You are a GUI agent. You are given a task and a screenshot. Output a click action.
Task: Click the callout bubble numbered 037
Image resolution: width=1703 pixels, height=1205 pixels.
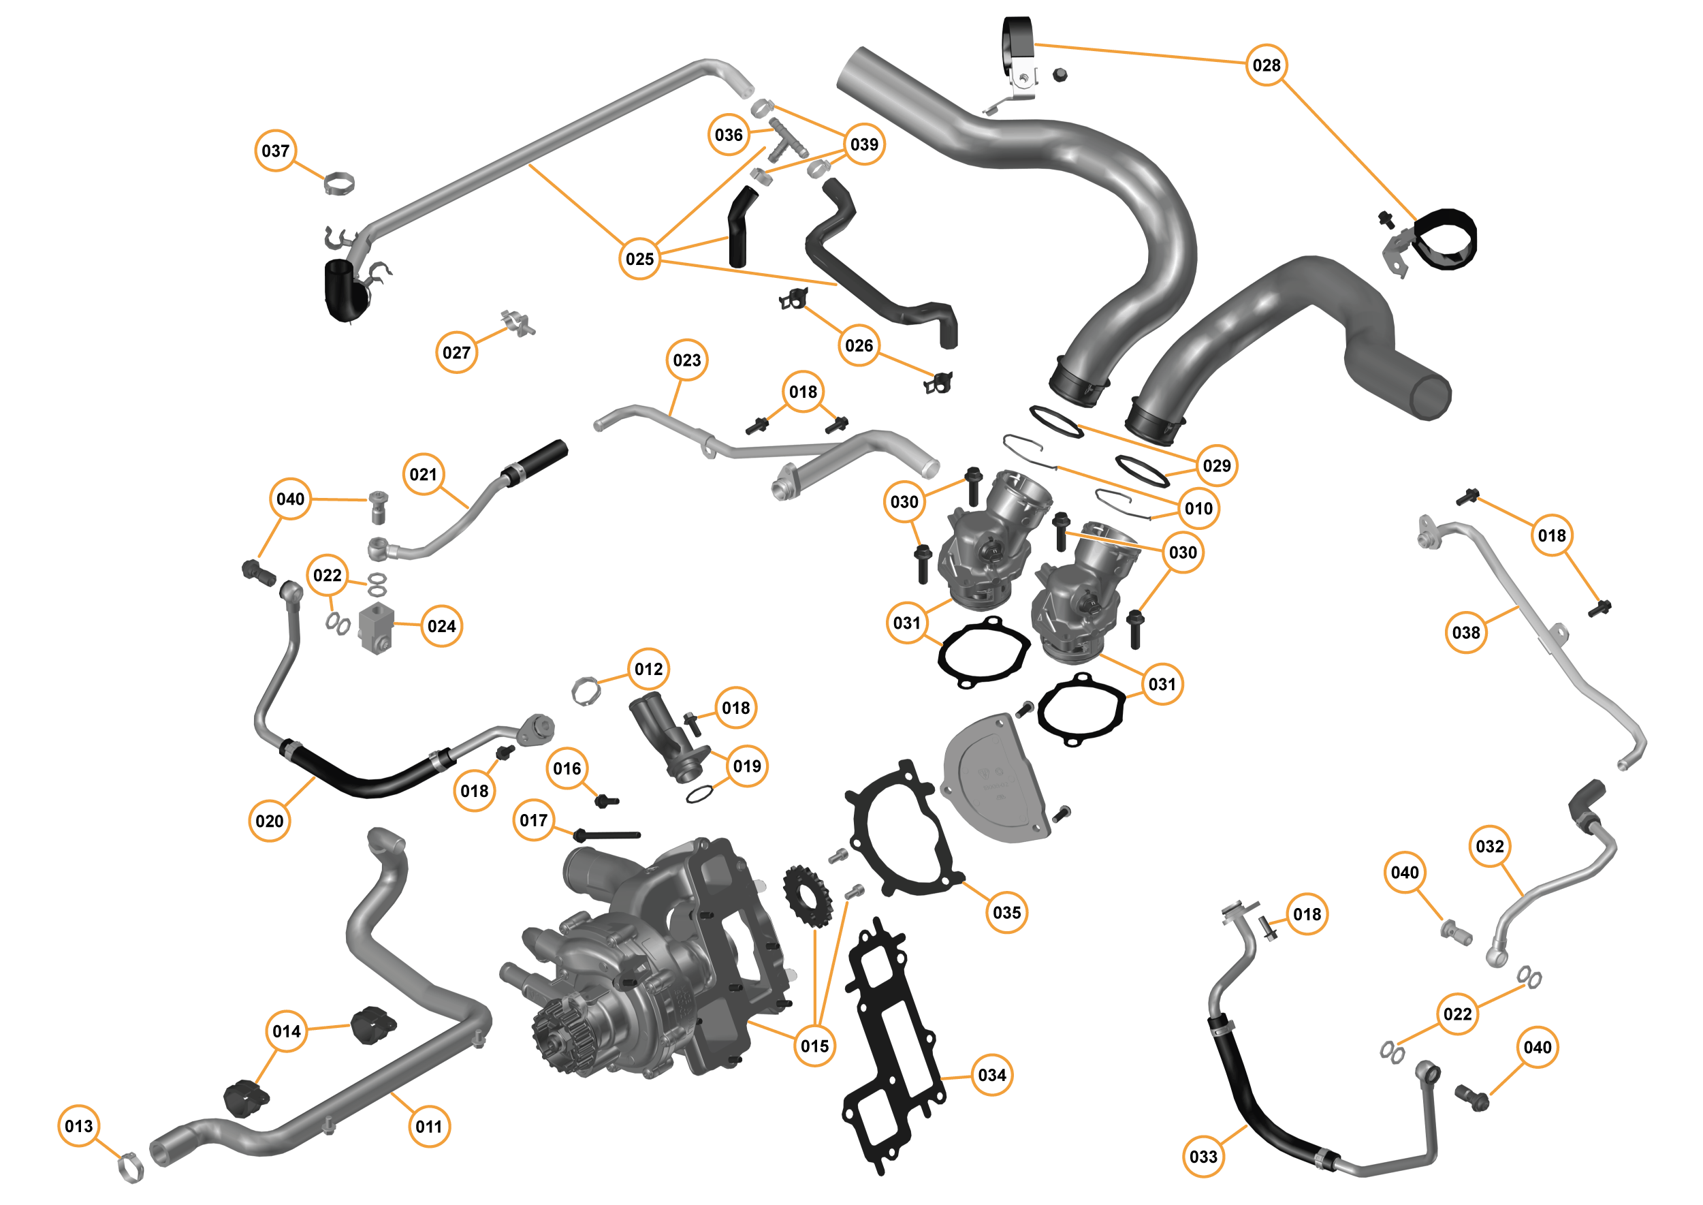click(275, 151)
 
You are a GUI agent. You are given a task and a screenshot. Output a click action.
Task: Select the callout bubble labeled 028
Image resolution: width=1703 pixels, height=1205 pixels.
click(1266, 65)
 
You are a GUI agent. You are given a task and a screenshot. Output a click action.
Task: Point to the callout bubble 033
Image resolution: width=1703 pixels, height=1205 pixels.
click(1203, 1156)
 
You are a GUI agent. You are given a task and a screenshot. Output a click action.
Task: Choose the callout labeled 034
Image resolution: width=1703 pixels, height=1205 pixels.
click(991, 1074)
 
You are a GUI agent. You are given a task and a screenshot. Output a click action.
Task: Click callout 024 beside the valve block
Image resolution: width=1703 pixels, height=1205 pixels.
click(441, 625)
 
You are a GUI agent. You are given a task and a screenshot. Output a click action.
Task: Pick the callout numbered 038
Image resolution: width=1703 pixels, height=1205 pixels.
click(1465, 632)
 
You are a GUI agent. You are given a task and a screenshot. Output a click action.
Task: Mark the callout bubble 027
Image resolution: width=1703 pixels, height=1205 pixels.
click(456, 351)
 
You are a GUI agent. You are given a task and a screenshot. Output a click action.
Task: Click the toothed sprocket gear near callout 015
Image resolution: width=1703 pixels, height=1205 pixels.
click(808, 895)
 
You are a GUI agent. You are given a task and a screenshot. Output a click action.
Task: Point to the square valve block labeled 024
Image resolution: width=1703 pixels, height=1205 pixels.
click(377, 627)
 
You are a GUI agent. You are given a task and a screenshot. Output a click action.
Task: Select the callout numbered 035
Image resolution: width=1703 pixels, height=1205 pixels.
click(1006, 912)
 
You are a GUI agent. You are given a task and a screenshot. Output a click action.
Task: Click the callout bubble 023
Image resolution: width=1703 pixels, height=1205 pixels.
click(686, 360)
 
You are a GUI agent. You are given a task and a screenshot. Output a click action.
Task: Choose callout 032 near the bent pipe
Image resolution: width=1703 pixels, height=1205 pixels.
click(1489, 846)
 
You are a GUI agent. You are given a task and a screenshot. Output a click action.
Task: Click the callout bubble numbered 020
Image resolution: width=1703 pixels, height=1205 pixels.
click(269, 821)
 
